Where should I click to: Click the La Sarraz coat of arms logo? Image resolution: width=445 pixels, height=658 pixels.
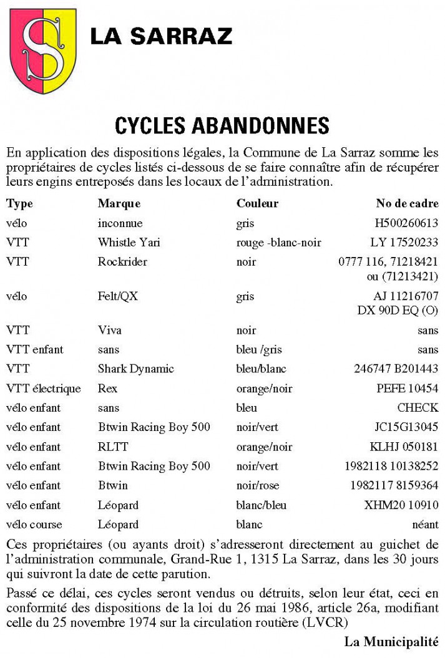[x=42, y=51]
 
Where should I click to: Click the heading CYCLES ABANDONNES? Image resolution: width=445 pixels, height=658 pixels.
[x=222, y=126]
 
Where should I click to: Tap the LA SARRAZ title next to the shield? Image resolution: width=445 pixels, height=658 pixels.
[x=161, y=36]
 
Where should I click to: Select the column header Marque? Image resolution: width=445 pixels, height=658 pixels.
[x=119, y=204]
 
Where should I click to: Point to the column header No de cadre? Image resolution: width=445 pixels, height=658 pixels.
[x=407, y=204]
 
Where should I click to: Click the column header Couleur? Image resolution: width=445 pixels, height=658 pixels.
[x=257, y=204]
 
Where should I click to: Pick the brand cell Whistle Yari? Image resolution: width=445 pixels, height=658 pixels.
[x=129, y=243]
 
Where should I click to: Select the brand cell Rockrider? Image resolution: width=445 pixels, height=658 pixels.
[x=122, y=262]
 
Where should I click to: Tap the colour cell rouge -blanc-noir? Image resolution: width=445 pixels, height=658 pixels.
[x=279, y=243]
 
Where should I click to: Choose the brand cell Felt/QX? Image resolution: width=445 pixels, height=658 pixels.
[x=117, y=297]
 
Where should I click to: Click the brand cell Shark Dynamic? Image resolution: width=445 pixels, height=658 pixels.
[x=135, y=369]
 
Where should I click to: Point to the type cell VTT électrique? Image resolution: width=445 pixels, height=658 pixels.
[x=44, y=389]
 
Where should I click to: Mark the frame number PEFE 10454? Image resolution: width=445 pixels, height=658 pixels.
[x=407, y=389]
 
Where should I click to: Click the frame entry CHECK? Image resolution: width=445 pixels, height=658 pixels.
[x=418, y=408]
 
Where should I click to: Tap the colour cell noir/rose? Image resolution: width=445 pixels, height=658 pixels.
[x=257, y=485]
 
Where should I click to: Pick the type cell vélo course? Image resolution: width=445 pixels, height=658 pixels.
[x=34, y=524]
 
